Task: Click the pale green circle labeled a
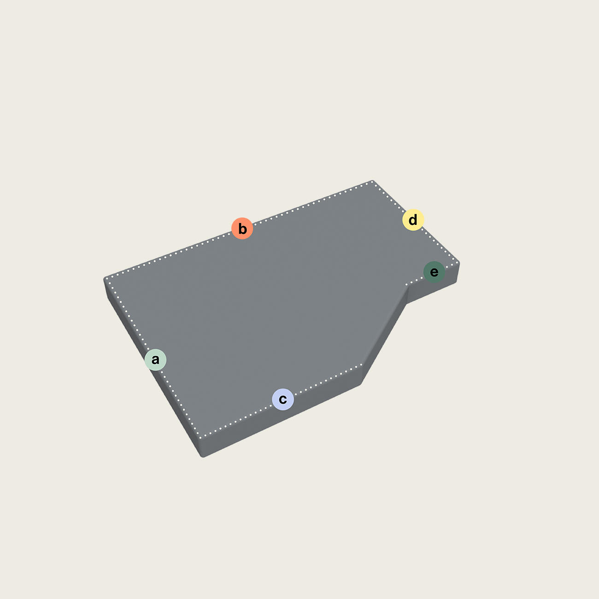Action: (x=155, y=360)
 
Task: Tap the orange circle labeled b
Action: (x=242, y=229)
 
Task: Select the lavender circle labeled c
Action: (x=283, y=399)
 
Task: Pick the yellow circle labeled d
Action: (x=413, y=220)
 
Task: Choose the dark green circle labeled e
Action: (x=434, y=272)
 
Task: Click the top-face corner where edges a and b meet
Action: (x=106, y=278)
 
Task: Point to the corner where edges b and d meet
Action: (x=372, y=182)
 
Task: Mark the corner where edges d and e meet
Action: (x=458, y=263)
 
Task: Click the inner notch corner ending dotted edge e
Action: (x=407, y=285)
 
